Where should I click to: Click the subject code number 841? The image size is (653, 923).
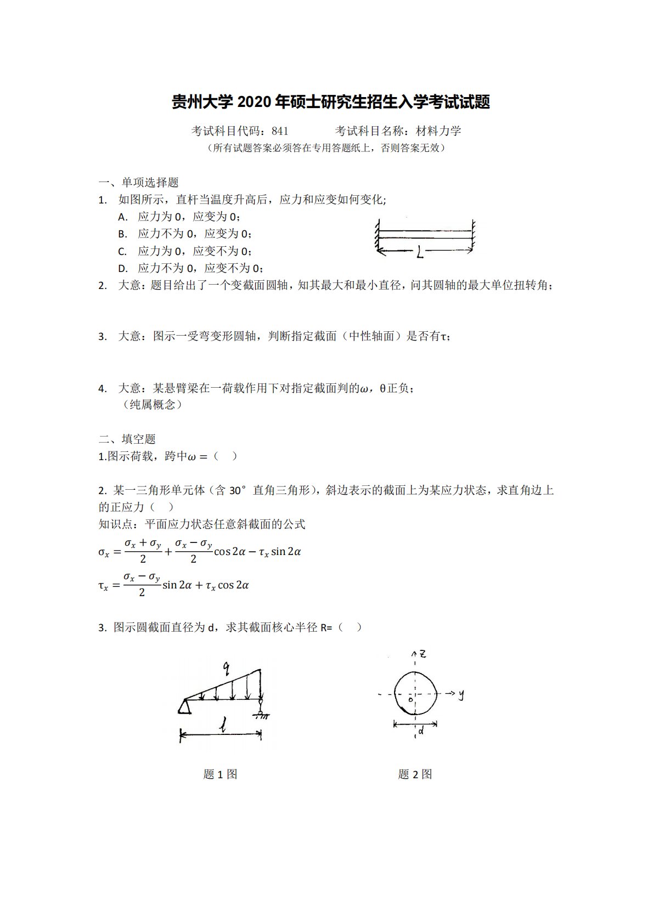point(279,131)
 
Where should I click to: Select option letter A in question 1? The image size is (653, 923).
point(122,217)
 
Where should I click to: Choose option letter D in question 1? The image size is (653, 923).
point(122,269)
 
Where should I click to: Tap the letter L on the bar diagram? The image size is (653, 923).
point(420,252)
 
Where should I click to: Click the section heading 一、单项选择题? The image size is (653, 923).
point(138,183)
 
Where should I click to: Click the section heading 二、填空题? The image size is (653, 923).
point(127,439)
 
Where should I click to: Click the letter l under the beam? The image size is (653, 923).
point(223,728)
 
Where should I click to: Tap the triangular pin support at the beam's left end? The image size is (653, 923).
point(184,707)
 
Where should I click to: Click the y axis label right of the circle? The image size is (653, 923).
point(461,694)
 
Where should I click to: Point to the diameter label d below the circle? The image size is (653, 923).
point(421,731)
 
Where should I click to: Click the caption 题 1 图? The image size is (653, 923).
point(220,774)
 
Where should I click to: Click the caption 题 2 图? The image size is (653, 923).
point(415,774)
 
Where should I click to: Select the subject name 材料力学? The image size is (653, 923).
point(438,131)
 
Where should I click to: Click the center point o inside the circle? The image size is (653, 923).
point(410,700)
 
